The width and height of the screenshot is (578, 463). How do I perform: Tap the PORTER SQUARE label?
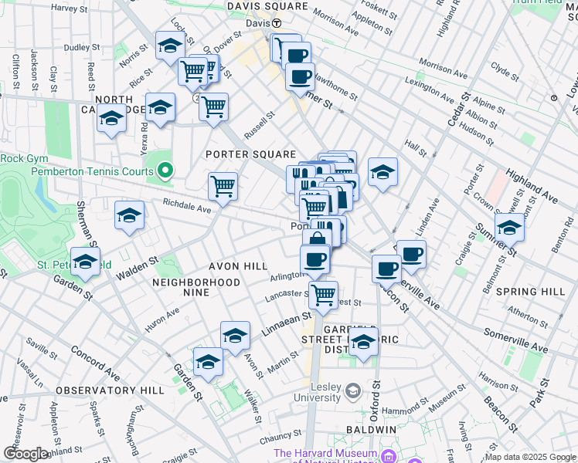click(x=250, y=154)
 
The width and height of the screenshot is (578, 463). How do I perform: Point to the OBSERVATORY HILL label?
click(x=110, y=390)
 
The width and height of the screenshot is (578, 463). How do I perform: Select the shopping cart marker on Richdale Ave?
click(x=223, y=185)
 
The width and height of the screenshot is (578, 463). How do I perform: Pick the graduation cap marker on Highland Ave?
click(x=509, y=228)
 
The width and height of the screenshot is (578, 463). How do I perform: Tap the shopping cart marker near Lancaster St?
click(x=323, y=294)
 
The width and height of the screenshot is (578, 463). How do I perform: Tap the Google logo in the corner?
click(x=25, y=454)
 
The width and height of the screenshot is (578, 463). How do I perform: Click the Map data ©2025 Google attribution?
click(x=529, y=457)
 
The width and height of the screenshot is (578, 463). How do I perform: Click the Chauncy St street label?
click(x=280, y=438)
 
